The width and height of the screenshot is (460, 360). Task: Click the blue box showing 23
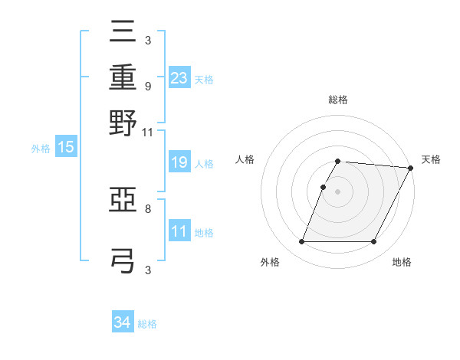(179, 77)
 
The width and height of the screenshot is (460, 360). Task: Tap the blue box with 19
(179, 162)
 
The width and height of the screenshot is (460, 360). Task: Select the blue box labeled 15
(65, 148)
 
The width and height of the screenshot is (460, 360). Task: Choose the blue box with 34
(123, 323)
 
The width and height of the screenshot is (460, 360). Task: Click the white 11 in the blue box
(179, 231)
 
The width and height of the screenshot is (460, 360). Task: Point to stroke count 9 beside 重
(147, 87)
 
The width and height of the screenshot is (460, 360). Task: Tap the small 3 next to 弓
(147, 270)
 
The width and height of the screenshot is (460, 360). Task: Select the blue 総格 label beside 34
(147, 324)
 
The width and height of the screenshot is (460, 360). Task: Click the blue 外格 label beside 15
(41, 149)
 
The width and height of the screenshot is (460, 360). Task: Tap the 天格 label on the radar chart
(431, 159)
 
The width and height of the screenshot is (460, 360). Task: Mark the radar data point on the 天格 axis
(410, 168)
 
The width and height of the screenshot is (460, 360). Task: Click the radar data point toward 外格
(301, 242)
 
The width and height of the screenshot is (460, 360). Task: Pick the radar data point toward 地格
(374, 242)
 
